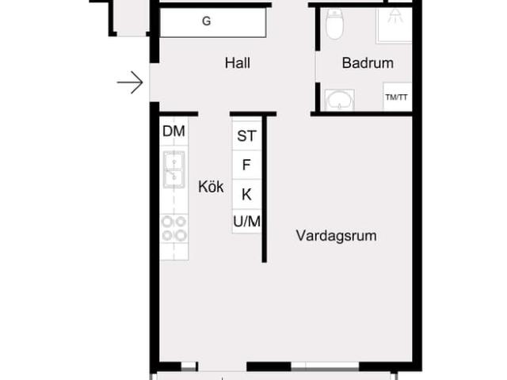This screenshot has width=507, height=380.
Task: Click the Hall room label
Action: (x=237, y=63)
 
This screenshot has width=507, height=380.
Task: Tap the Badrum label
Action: (x=367, y=63)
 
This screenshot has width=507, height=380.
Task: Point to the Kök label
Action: (x=211, y=188)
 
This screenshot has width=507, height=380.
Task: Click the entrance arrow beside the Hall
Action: (x=130, y=82)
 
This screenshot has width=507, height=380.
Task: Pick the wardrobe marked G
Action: (x=213, y=22)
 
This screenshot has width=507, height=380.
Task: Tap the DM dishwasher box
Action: (x=173, y=131)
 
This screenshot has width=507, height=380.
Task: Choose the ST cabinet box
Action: (x=246, y=136)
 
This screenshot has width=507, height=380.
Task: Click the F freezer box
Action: (x=246, y=165)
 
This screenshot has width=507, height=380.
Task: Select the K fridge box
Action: (x=246, y=194)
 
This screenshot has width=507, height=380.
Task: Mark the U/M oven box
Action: (x=246, y=222)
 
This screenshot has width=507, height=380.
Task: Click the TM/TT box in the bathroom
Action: (x=396, y=97)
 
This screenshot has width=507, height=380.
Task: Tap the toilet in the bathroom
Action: (x=334, y=24)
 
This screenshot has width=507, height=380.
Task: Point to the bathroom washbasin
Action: (x=339, y=100)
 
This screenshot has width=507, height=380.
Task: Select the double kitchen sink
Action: (x=174, y=169)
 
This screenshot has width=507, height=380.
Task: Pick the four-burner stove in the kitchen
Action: (x=174, y=228)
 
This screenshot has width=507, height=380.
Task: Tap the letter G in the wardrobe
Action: (x=207, y=22)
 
